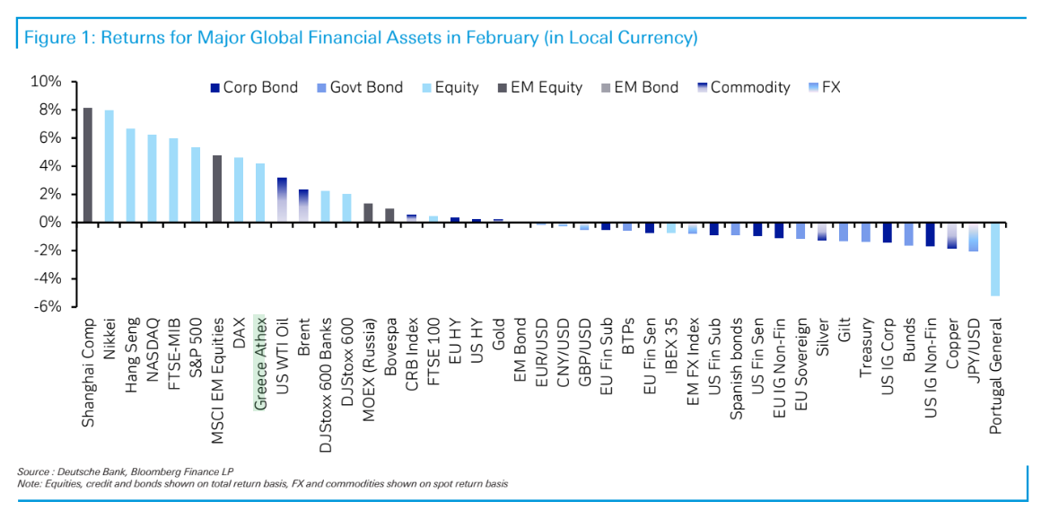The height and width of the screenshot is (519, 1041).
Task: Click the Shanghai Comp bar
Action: [88, 165]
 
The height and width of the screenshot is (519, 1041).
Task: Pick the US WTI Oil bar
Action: [282, 199]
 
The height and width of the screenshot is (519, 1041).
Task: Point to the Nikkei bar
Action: [109, 166]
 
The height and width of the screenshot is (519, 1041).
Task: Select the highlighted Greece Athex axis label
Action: [260, 362]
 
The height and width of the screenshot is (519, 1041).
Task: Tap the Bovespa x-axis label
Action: [390, 344]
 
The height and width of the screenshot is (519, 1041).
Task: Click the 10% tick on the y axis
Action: [46, 82]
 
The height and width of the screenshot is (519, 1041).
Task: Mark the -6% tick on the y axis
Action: [46, 306]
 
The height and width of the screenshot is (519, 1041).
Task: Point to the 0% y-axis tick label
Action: [49, 222]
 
